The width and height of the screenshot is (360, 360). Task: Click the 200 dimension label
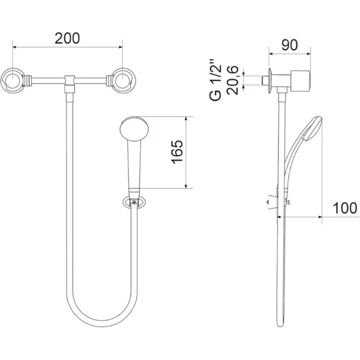[67, 38]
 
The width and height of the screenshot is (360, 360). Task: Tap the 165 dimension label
[177, 152]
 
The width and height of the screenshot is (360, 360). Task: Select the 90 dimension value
[290, 45]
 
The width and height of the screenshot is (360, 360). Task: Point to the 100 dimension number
[345, 208]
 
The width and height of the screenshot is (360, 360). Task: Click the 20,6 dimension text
[232, 80]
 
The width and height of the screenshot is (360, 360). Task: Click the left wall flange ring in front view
[13, 80]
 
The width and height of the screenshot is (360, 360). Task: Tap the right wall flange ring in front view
[124, 80]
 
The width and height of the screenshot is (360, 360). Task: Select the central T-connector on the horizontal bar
[70, 84]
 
